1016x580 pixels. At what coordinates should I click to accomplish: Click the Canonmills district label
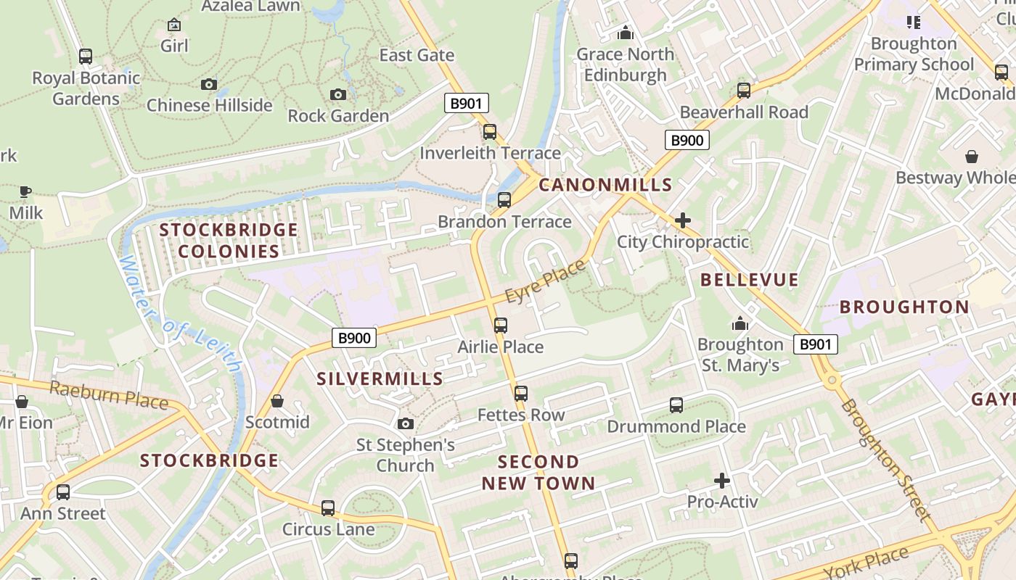pos(605,185)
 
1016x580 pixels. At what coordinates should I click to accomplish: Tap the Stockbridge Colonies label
pos(229,241)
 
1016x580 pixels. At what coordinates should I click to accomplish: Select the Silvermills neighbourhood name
pos(380,378)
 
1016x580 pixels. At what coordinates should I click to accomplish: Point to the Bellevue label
pos(749,280)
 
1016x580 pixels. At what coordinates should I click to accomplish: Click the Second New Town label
pos(538,472)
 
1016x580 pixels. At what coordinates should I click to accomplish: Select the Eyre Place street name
pos(545,282)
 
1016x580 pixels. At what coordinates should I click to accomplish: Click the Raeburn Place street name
pos(108,395)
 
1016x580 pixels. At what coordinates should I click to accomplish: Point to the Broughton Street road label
pos(885,460)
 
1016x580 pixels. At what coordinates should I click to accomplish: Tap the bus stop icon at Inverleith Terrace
pos(490,132)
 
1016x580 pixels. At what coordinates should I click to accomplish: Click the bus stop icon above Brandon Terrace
pos(504,200)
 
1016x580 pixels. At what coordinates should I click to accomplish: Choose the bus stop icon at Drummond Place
pos(676,405)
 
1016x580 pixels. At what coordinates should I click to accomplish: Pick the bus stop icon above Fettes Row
pos(521,394)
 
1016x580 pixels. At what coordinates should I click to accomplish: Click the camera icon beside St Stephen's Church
pos(406,423)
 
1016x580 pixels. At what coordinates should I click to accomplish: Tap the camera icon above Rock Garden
pos(338,94)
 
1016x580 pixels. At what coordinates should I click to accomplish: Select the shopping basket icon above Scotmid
pos(276,401)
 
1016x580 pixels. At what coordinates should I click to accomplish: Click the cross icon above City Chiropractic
pos(683,220)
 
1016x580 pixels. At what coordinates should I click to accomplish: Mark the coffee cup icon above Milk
pos(25,192)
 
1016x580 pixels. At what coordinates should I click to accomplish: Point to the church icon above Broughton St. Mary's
pos(740,323)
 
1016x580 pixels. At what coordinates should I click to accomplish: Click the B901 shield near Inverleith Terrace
pos(466,103)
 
